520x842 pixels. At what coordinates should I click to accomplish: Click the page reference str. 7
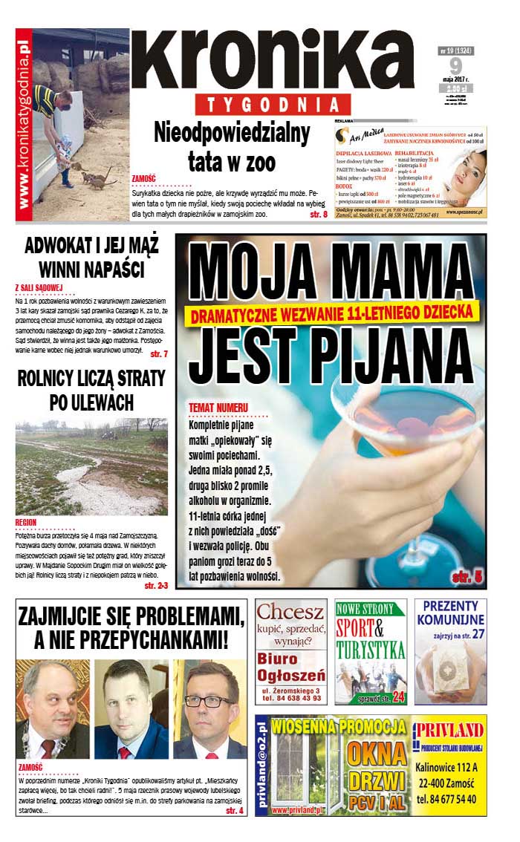pos(158,353)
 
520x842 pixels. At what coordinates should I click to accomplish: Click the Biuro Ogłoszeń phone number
pos(290,698)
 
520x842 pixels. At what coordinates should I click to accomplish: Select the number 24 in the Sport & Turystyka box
pos(399,696)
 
